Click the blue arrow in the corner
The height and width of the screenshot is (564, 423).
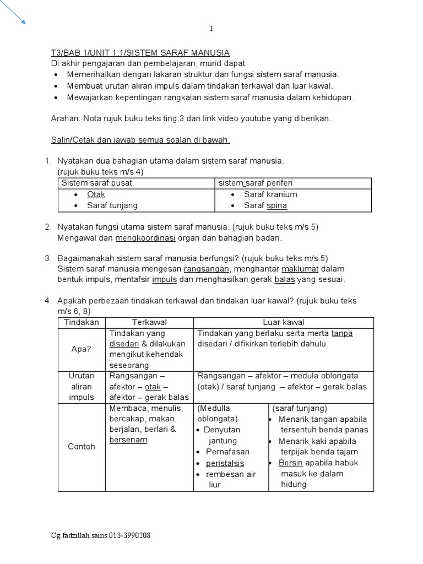coord(13,12)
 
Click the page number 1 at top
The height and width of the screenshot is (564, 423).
coord(211,29)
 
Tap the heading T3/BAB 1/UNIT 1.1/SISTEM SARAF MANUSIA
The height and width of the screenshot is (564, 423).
coord(140,53)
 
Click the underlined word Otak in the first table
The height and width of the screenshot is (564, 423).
coord(96,194)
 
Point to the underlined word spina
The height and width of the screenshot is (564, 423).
coord(277,205)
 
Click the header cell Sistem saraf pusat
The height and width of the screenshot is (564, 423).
coord(97,183)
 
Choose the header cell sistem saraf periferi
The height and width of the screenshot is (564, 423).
coord(255,183)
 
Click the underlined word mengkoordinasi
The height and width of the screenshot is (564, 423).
coord(145,238)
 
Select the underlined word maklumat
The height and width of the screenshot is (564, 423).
coord(301,269)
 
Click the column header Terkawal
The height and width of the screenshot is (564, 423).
coord(149,322)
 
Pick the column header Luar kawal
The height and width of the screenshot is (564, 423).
coord(284,322)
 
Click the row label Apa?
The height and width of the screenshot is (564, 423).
coord(82,349)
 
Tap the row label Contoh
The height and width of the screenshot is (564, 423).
coord(82,446)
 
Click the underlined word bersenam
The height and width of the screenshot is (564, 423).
coord(128,440)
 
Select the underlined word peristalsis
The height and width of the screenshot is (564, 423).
coord(225,463)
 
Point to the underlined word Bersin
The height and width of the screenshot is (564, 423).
coord(291,463)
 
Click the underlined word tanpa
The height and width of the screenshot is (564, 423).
coord(342,333)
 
